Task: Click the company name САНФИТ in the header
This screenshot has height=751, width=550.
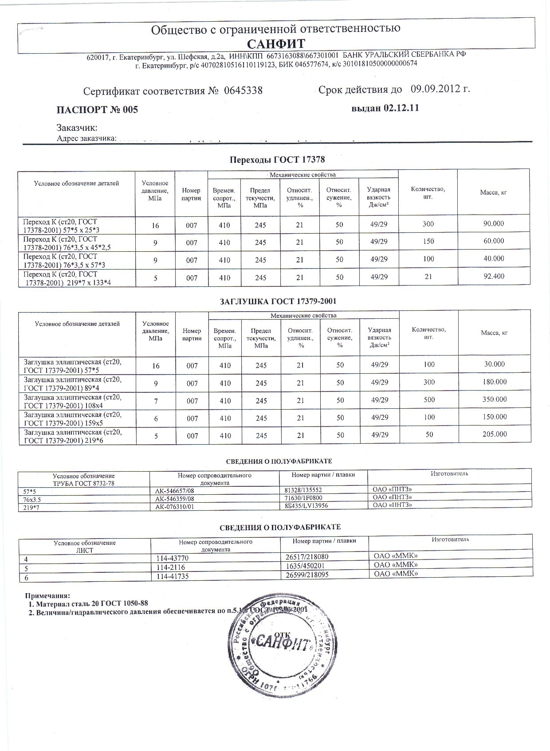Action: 276,44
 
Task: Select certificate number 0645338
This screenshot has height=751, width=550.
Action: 244,91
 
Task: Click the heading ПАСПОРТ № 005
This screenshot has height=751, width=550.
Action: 98,110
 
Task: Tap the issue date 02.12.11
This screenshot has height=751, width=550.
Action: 401,108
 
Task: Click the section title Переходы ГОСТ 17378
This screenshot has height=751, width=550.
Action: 277,160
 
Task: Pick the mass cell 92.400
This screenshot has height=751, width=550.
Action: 494,277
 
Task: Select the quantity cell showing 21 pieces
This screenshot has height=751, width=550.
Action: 428,277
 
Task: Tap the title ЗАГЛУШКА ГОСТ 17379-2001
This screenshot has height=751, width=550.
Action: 278,301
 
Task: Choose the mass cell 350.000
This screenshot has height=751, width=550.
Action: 495,399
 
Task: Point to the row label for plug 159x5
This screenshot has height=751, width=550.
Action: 72,419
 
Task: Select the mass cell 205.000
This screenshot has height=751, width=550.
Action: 495,434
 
